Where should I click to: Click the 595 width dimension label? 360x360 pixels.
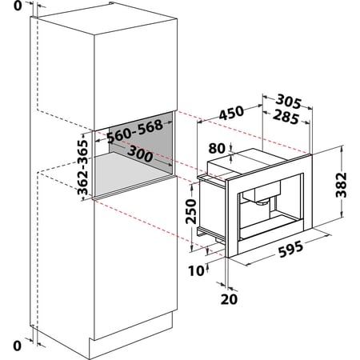pyautogui.click(x=291, y=249)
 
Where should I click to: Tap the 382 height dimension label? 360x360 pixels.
pyautogui.click(x=341, y=185)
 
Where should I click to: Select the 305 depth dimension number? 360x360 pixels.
pyautogui.click(x=288, y=102)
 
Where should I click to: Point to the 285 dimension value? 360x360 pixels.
pyautogui.click(x=286, y=117)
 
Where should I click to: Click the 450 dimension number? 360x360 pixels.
pyautogui.click(x=231, y=113)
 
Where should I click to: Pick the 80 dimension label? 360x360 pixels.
pyautogui.click(x=217, y=148)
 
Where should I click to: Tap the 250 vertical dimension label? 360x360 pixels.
pyautogui.click(x=191, y=211)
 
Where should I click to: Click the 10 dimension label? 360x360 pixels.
pyautogui.click(x=196, y=271)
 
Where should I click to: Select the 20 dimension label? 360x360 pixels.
pyautogui.click(x=229, y=299)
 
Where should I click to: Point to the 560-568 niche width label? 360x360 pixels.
pyautogui.click(x=135, y=131)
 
